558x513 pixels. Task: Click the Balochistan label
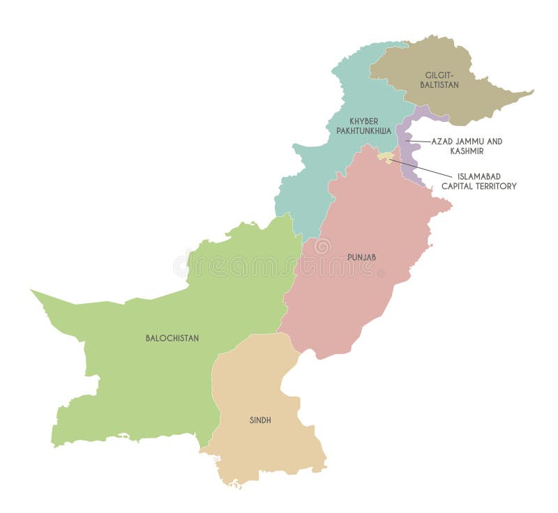[172, 338]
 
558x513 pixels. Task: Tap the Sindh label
[260, 420]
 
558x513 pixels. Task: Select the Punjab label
[361, 257]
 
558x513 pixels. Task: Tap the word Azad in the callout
[442, 141]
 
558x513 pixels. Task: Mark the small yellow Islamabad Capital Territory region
[385, 158]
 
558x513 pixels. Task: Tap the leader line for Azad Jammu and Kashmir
[418, 141]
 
